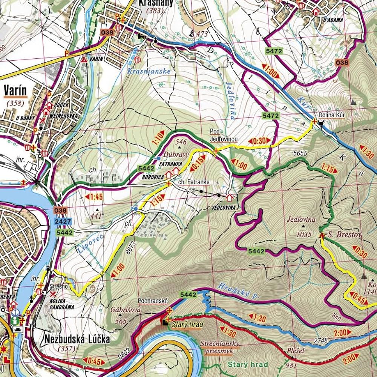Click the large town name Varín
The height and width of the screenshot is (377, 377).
click(15, 90)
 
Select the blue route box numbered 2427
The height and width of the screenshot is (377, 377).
click(63, 222)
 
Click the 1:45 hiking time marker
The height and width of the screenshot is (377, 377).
click(94, 197)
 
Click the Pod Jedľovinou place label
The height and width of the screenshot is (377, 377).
click(224, 135)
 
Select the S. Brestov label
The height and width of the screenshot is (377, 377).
click(344, 236)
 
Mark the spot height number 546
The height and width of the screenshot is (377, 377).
click(181, 142)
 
